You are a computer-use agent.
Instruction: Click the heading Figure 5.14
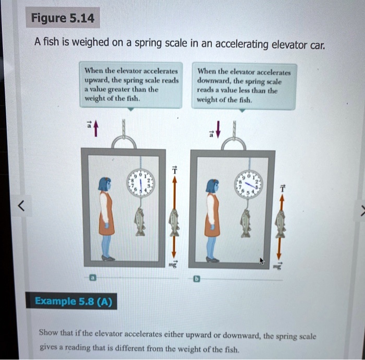[63, 19]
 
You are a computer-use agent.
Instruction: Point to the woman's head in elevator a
[105, 184]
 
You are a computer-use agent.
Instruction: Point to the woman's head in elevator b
[212, 186]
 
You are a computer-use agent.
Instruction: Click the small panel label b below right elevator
[197, 279]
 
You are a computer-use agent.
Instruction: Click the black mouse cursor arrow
[262, 260]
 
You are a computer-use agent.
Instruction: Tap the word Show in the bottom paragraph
[49, 332]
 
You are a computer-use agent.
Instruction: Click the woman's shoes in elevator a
[107, 258]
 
